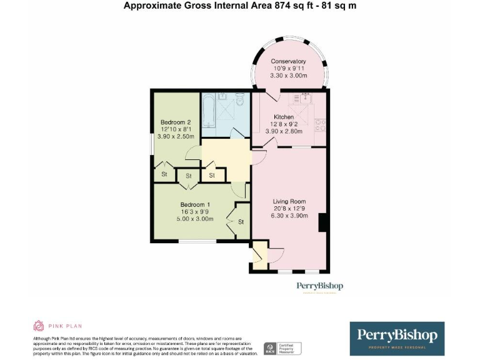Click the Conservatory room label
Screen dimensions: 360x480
click(x=288, y=61)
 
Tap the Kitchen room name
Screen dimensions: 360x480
click(x=283, y=117)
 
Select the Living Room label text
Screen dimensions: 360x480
click(x=288, y=201)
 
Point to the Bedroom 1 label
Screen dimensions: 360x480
click(x=195, y=204)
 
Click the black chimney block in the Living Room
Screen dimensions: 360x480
click(x=322, y=222)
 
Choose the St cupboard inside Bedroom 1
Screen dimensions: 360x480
click(x=240, y=221)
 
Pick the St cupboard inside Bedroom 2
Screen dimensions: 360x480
click(x=164, y=174)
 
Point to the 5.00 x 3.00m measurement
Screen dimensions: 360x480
click(x=195, y=219)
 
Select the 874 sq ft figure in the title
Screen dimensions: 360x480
click(x=285, y=6)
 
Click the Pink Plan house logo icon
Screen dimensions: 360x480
click(x=38, y=326)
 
